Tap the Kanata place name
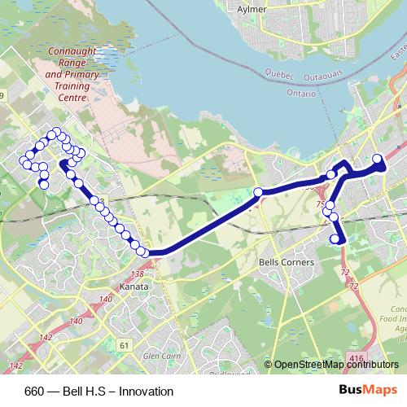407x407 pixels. click(133, 287)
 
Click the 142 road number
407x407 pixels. click(45, 338)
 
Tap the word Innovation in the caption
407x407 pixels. click(147, 392)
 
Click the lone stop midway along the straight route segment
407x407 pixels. click(258, 192)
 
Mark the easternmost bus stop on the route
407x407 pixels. click(378, 159)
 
